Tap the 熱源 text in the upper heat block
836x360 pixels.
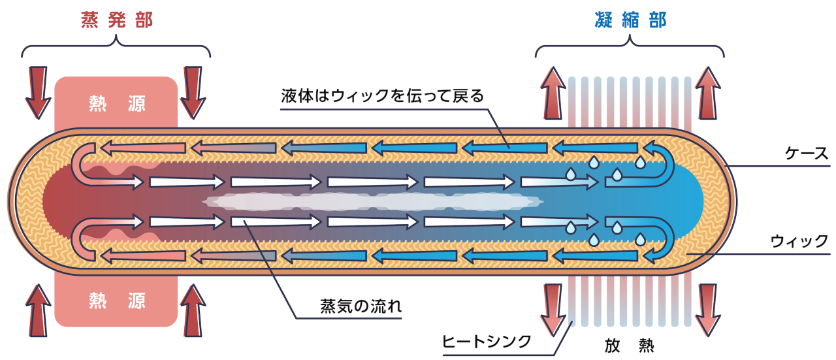pos(116,103)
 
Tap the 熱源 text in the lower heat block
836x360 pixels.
pos(116,300)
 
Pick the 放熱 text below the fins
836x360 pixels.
pos(630,344)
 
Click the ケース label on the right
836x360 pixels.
pos(806,154)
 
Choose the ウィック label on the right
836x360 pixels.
pos(799,241)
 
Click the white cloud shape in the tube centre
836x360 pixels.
pos(372,202)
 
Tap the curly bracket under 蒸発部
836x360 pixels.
pos(116,46)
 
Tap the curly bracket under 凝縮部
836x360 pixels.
pos(630,46)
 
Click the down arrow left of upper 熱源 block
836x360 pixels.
pos(39,91)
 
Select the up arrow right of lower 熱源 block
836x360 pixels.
pos(194,312)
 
